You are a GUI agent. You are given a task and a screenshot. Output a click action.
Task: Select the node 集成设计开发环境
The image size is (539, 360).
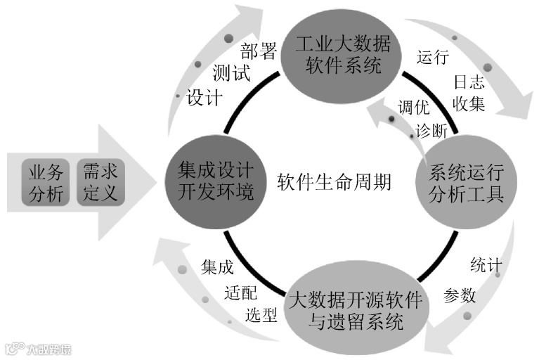click(x=216, y=180)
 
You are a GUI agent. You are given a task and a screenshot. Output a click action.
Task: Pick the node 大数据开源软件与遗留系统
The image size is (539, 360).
click(x=356, y=311)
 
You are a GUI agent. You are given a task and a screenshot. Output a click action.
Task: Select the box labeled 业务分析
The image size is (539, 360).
click(x=46, y=182)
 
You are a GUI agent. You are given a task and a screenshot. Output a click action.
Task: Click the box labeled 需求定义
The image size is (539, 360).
click(x=100, y=182)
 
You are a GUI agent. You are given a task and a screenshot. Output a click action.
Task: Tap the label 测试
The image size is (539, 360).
click(x=231, y=74)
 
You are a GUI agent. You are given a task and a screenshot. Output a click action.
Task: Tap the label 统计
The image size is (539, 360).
click(x=485, y=266)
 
